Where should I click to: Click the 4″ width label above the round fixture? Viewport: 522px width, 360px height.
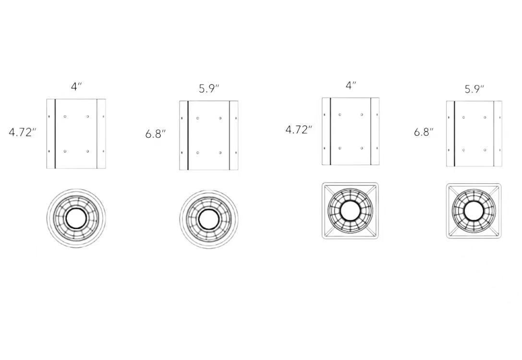coord(76,86)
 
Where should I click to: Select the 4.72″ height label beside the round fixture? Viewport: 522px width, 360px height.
coord(22,132)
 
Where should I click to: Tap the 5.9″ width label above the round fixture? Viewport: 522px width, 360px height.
coord(209,88)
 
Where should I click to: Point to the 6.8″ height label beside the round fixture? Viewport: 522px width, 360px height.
coord(156,134)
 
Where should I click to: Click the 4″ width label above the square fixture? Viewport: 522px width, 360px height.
coord(351,85)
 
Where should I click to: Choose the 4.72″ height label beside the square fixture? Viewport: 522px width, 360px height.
coord(299,130)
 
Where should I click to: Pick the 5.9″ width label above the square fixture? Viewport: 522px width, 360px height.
coord(474,89)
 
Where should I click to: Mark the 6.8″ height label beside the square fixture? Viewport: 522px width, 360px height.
coord(424,132)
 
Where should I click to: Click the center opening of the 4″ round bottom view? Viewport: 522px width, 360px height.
coord(76,218)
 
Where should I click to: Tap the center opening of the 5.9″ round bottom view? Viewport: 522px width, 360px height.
coord(209,219)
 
